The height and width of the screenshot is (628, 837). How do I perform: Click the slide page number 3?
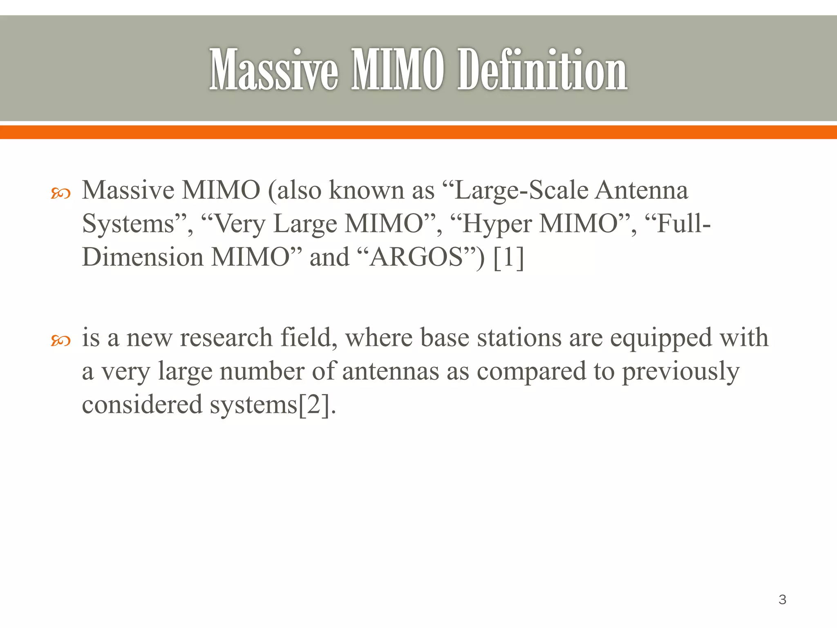point(782,599)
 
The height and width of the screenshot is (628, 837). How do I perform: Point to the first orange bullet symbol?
point(60,193)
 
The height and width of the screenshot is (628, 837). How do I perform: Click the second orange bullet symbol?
point(60,340)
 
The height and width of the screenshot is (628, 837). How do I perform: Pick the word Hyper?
point(497,224)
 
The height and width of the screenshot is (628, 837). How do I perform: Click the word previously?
point(680,372)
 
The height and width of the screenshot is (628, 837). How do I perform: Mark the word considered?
point(142,404)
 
